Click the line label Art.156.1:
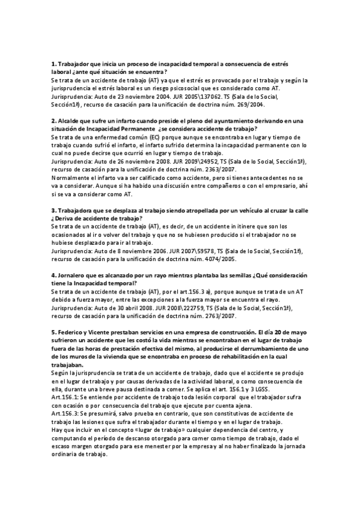pyautogui.click(x=66, y=397)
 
